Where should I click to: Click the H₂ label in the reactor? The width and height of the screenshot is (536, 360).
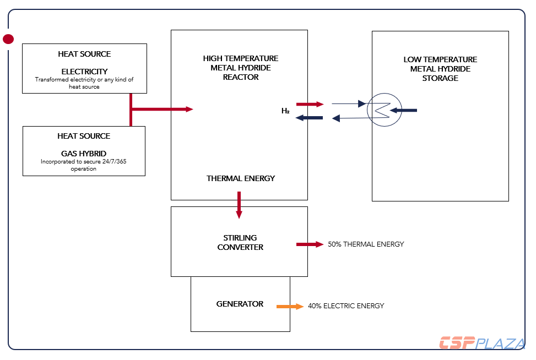click(285, 111)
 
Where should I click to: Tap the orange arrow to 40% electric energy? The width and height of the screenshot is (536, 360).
click(290, 306)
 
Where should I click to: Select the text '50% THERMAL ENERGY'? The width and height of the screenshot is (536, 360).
click(366, 244)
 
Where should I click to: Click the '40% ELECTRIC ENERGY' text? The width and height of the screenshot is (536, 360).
click(346, 306)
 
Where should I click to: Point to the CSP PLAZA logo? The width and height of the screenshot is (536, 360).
click(481, 343)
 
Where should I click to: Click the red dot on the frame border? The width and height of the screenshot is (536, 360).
click(8, 39)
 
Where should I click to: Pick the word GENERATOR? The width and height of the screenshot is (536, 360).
click(240, 304)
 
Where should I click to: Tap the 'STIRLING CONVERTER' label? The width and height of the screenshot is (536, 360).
click(240, 243)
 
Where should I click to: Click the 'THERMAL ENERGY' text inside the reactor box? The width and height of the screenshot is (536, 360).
click(241, 178)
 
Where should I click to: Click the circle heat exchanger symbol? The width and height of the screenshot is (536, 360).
click(385, 109)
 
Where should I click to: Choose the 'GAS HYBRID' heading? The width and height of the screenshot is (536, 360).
click(84, 154)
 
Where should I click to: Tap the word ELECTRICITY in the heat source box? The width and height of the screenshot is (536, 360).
click(84, 72)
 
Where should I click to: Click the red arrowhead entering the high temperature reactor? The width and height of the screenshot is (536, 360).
click(189, 109)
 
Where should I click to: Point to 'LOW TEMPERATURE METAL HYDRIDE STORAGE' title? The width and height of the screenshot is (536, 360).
click(440, 69)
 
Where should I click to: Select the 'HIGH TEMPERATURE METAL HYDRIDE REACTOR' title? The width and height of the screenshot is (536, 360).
click(241, 68)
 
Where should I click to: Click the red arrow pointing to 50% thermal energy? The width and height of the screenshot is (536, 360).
click(310, 244)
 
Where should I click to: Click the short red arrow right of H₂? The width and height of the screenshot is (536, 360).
click(310, 103)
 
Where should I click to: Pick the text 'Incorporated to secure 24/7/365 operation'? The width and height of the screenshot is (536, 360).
click(84, 165)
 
